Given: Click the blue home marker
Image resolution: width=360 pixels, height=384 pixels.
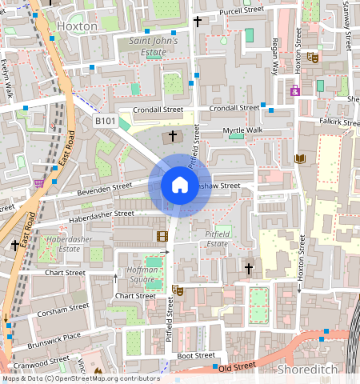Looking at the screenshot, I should [x=180, y=186].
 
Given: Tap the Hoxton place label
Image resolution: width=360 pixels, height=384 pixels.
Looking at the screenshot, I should [x=78, y=26].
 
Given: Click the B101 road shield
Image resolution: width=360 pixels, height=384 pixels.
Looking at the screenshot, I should [x=105, y=121].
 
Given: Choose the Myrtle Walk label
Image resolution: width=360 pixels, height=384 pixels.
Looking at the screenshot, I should [x=243, y=130].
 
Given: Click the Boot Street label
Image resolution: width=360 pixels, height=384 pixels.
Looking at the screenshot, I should [x=196, y=355].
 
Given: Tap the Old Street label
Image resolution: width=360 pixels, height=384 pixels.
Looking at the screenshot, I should [x=235, y=367].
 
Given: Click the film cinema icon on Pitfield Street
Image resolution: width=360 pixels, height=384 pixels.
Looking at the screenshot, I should [x=162, y=236].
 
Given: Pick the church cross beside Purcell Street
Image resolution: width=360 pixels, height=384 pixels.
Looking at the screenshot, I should [x=198, y=19].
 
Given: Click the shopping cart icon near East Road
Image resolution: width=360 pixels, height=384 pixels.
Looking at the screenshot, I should [x=39, y=184].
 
